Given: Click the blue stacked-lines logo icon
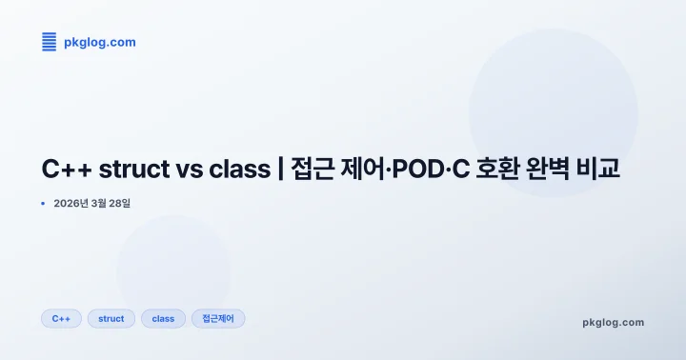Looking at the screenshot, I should point(50,41).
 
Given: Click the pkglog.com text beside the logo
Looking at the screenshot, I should point(99,42).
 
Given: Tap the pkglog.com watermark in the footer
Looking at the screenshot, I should point(613,322).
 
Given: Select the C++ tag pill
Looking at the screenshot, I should point(62,318).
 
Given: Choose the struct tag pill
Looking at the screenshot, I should point(111,318).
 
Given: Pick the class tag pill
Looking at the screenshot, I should point(163,318).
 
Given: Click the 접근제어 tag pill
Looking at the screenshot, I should point(218,318).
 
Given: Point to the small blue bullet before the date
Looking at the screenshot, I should point(43,204).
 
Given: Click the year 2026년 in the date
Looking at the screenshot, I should point(71,204).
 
